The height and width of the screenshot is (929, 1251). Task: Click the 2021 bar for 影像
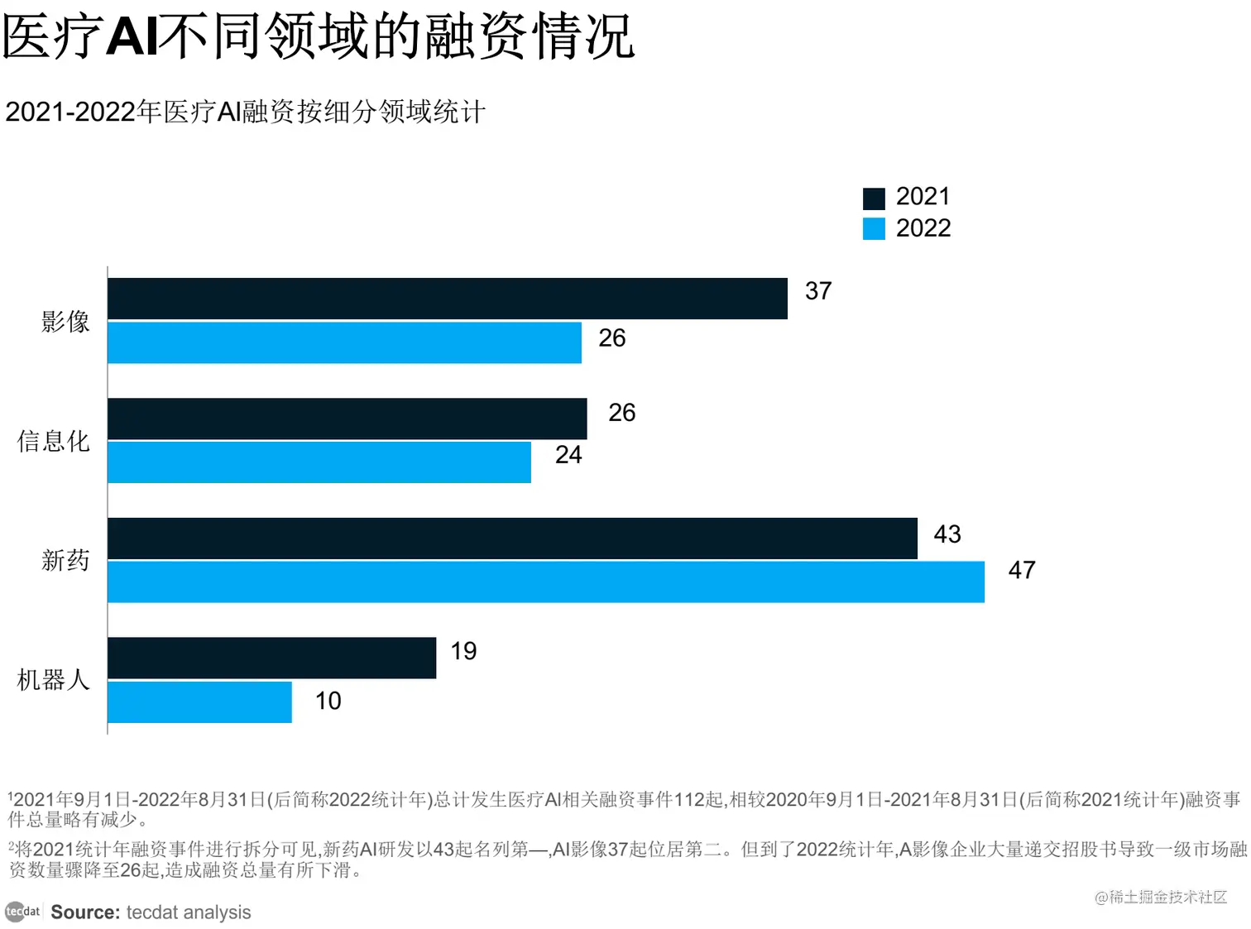coord(447,299)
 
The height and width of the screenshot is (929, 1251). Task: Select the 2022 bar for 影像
coord(344,342)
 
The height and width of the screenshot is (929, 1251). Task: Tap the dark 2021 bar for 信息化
coord(347,419)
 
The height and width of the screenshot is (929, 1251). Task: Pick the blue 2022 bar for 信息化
coord(319,462)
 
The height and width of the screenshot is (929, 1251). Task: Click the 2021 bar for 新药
coord(512,539)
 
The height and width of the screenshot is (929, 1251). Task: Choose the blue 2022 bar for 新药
coord(545,582)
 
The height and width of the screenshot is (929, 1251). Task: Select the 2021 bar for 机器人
coord(271,658)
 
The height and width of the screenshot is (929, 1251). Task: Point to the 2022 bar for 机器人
coord(199,702)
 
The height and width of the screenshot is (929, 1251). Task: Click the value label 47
coord(1022,570)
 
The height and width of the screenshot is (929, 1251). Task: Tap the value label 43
coord(947,534)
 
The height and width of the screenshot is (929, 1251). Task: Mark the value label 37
coord(818,291)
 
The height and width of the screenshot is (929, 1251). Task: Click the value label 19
coord(463,651)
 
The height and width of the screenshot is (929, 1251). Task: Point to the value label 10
coord(328,702)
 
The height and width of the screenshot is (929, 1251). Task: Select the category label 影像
coord(65,321)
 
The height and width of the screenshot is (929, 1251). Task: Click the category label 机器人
coord(53,680)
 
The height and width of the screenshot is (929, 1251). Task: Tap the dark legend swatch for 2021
coord(874,198)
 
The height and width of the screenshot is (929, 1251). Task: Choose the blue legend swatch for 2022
coord(874,228)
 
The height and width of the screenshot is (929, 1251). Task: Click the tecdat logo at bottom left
coord(22,912)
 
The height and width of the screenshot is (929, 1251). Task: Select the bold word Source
coord(85,912)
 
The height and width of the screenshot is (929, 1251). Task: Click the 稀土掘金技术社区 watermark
coord(1161,897)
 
